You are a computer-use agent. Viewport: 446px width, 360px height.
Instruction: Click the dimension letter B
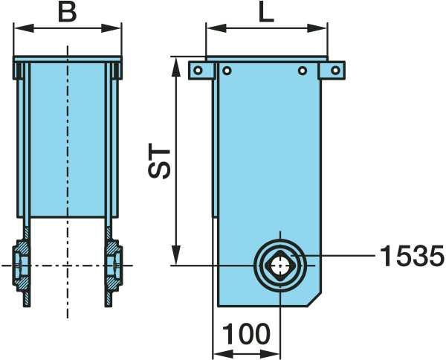click(68, 13)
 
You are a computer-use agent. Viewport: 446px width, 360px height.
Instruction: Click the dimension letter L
click(267, 13)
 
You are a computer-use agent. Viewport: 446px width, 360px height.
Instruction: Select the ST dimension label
click(159, 164)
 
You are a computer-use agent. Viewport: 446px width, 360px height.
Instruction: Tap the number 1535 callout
click(412, 256)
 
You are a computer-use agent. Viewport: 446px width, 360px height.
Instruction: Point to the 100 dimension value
click(246, 334)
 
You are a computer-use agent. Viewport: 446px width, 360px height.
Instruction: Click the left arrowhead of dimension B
click(24, 28)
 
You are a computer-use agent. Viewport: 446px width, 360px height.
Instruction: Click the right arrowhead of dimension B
click(111, 28)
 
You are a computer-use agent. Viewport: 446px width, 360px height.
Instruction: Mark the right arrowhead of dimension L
click(317, 28)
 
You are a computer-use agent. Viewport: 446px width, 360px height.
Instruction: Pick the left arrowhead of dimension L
click(216, 28)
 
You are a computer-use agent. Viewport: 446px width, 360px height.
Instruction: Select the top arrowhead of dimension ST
click(176, 67)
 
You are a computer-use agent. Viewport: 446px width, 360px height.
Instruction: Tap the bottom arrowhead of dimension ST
click(176, 255)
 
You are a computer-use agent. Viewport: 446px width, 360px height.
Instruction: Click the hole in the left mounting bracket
click(198, 70)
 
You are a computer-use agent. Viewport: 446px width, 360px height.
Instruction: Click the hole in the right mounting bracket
click(336, 70)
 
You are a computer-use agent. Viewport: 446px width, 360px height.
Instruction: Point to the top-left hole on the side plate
click(227, 71)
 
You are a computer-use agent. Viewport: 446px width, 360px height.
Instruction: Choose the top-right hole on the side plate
click(303, 71)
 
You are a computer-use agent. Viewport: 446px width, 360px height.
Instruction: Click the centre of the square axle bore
click(280, 266)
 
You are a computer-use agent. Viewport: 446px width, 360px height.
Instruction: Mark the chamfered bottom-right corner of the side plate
click(315, 300)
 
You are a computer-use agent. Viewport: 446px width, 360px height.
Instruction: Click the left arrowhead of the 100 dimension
click(223, 354)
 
